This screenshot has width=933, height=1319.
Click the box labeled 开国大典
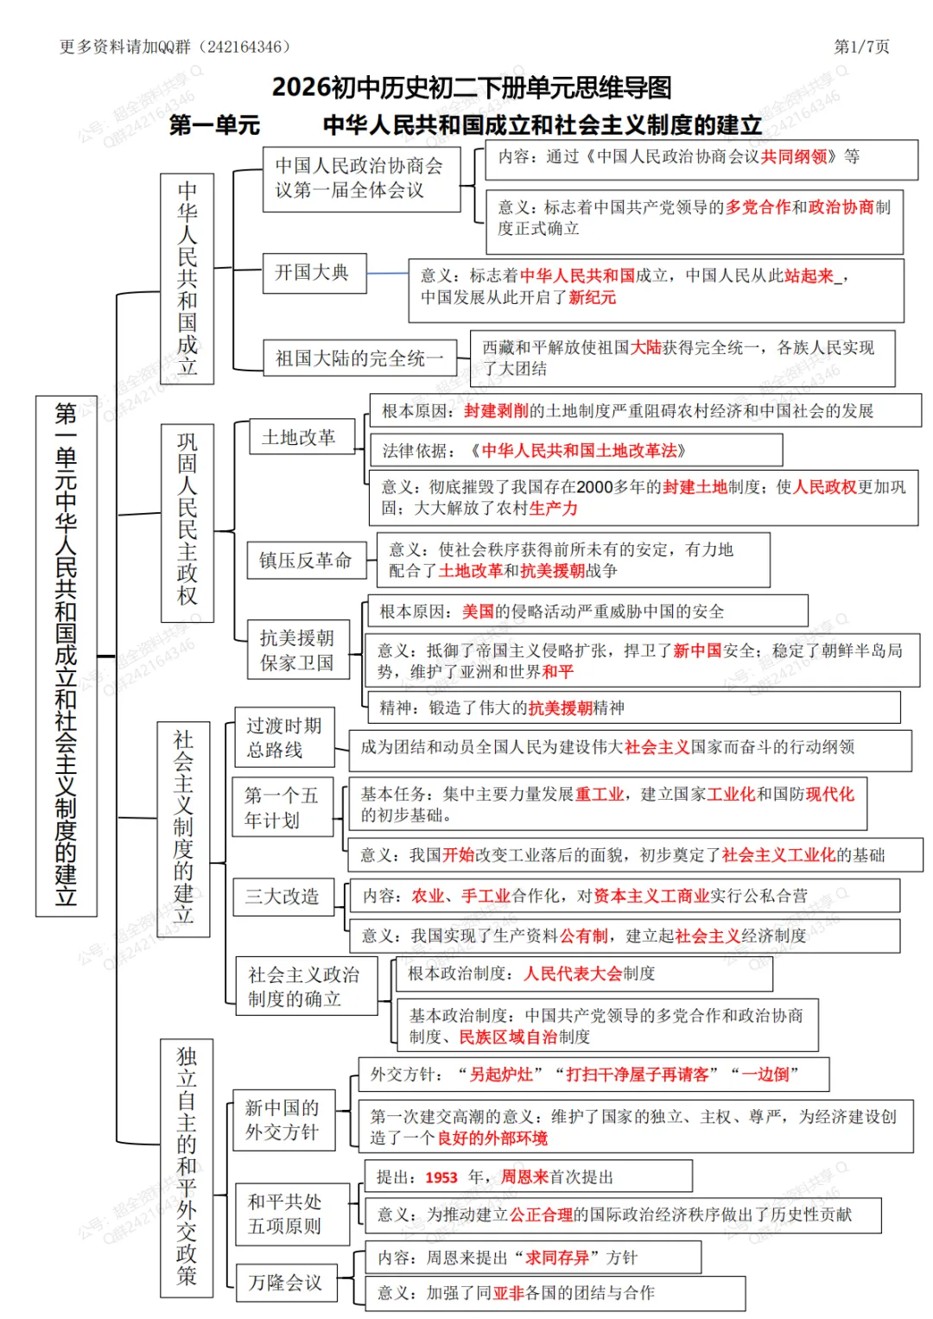click(314, 273)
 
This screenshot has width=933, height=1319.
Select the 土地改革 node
click(301, 437)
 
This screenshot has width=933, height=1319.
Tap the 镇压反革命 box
click(306, 561)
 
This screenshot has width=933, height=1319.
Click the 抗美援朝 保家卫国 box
click(297, 650)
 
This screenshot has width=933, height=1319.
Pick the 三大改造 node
click(283, 897)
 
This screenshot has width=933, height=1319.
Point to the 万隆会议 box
click(286, 1283)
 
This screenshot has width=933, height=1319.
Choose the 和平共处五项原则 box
click(286, 1214)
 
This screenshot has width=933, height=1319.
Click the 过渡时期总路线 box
click(284, 738)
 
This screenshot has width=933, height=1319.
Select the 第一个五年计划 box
click(282, 807)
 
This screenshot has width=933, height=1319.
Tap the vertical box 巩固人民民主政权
click(187, 518)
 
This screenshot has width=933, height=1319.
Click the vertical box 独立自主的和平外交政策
click(187, 1167)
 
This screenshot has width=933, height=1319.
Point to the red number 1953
click(441, 1177)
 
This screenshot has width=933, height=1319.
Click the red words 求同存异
click(557, 1258)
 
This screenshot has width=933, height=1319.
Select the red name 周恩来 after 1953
click(524, 1176)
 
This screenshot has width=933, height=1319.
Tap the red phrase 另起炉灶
click(501, 1075)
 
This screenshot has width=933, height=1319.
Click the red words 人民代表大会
click(573, 973)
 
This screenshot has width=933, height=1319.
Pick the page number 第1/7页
click(861, 47)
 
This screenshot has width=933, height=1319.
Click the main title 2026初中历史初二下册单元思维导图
click(472, 87)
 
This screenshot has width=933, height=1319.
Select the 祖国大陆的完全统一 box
click(359, 358)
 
